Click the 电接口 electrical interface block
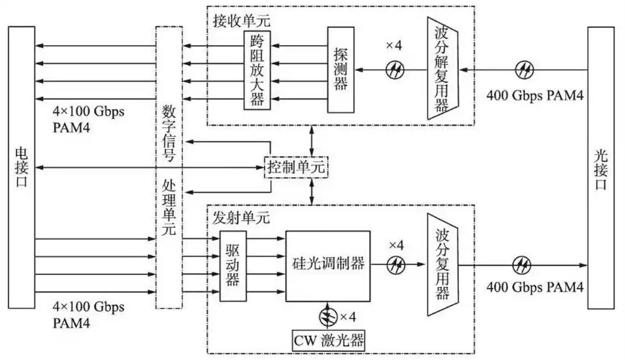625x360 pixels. pos(21,168)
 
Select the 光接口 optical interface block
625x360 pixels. pos(601,168)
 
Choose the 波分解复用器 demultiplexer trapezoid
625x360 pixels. pos(441,68)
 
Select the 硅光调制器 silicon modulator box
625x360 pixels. pos(328,265)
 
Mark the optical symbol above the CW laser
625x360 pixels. pos(328,317)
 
